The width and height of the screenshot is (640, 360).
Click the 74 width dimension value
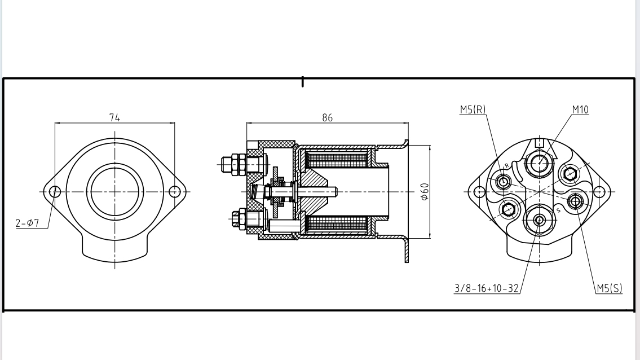click(x=114, y=117)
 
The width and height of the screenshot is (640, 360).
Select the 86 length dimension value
click(x=328, y=117)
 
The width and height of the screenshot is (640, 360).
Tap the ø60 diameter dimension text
click(x=425, y=191)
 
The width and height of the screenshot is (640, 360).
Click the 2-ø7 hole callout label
click(x=27, y=223)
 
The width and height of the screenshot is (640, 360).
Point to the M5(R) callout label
click(x=473, y=109)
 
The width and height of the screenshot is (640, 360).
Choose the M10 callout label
click(x=580, y=109)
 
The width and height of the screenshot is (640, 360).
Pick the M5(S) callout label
click(x=610, y=288)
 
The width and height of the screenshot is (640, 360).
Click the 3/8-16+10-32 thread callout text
click(x=487, y=288)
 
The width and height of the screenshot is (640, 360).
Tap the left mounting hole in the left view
click(x=55, y=191)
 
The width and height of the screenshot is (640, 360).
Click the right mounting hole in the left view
click(x=175, y=191)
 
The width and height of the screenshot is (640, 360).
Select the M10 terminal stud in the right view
click(x=539, y=163)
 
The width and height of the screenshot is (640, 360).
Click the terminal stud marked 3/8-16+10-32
click(x=539, y=219)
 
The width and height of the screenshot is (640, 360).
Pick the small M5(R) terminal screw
click(x=504, y=181)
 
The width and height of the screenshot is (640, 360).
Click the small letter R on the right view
click(x=506, y=165)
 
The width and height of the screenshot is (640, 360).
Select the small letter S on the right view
click(x=558, y=210)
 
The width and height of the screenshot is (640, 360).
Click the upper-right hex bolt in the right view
click(x=569, y=173)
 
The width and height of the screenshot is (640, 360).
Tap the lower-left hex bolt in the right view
click(x=509, y=209)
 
